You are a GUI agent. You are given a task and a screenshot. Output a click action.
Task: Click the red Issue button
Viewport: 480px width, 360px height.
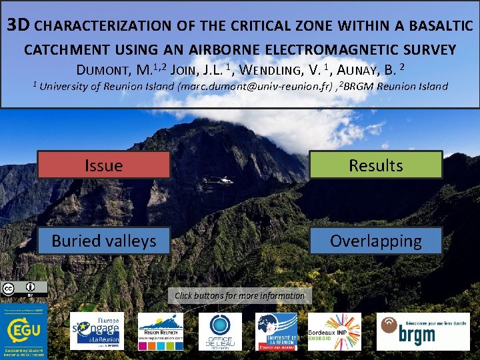(x=103, y=165)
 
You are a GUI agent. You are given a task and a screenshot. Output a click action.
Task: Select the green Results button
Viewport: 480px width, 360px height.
(x=375, y=165)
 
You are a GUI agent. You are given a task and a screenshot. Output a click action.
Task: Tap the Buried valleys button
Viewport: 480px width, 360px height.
(x=103, y=241)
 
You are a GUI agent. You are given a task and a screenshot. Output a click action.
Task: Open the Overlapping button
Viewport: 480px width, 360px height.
(x=375, y=241)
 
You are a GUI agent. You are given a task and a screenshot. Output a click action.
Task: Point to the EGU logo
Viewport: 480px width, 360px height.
(x=24, y=330)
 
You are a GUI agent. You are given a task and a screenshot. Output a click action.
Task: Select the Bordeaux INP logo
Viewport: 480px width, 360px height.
(x=333, y=331)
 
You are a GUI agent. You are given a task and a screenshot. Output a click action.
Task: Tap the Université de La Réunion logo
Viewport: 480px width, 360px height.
(x=277, y=331)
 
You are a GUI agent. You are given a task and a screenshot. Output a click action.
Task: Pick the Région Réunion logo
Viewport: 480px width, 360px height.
(x=160, y=331)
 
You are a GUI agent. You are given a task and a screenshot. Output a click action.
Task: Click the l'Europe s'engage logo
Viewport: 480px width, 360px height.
(x=97, y=331)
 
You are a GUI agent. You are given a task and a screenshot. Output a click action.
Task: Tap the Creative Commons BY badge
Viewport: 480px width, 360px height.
(x=24, y=289)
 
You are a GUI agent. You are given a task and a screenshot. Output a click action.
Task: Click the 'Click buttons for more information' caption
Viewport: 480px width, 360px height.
(x=239, y=295)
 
